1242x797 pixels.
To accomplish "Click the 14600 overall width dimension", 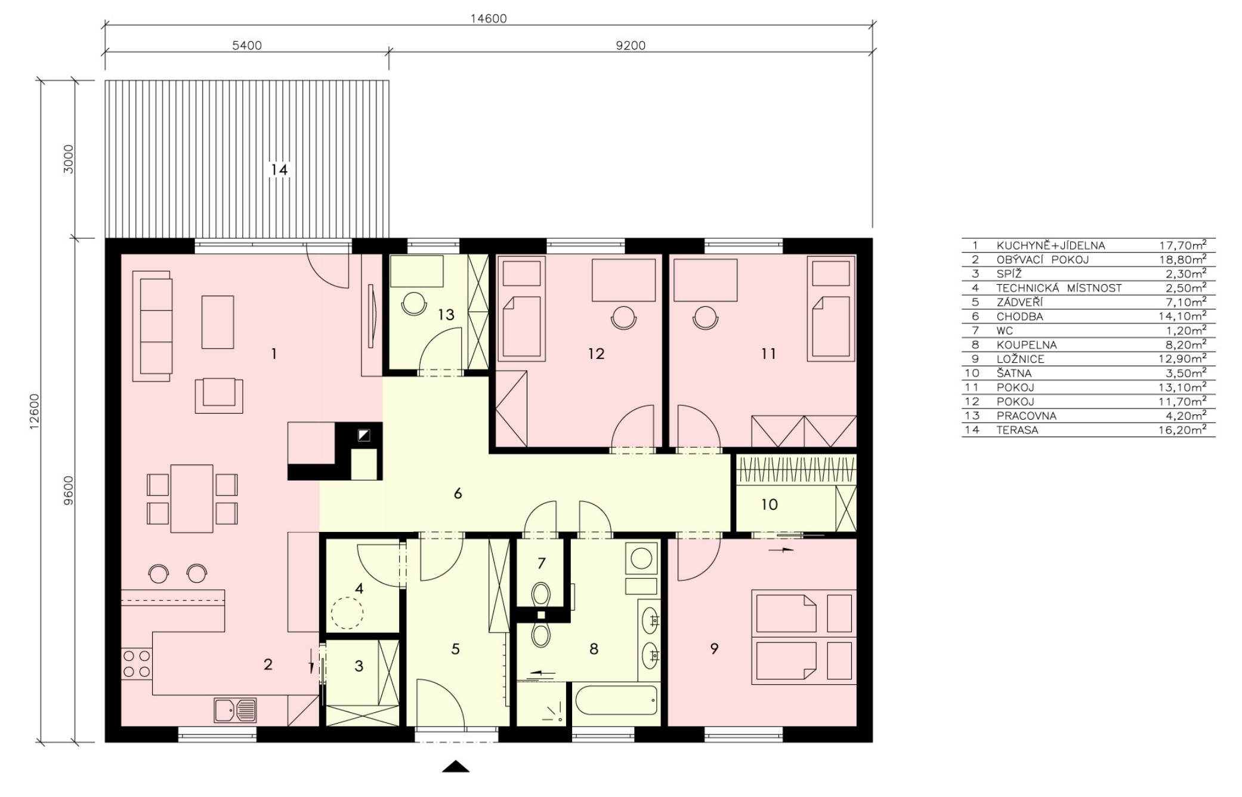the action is click(x=488, y=19).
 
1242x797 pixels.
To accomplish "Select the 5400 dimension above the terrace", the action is click(x=246, y=45).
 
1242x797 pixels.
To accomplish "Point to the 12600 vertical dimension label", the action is click(x=35, y=411).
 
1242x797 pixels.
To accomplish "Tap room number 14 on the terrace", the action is click(x=279, y=170).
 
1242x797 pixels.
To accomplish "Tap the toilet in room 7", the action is click(x=541, y=593).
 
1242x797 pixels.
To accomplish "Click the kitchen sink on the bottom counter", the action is click(x=235, y=710).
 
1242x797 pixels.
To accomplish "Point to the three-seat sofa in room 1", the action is click(x=153, y=325).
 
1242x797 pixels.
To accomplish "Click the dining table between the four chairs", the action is click(x=191, y=498).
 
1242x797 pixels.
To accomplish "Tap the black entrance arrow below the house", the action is click(x=456, y=767).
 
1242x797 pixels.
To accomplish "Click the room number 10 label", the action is click(x=770, y=505).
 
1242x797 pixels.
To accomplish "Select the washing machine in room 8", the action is click(x=641, y=559).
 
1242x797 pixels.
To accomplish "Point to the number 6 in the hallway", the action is click(x=458, y=494).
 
